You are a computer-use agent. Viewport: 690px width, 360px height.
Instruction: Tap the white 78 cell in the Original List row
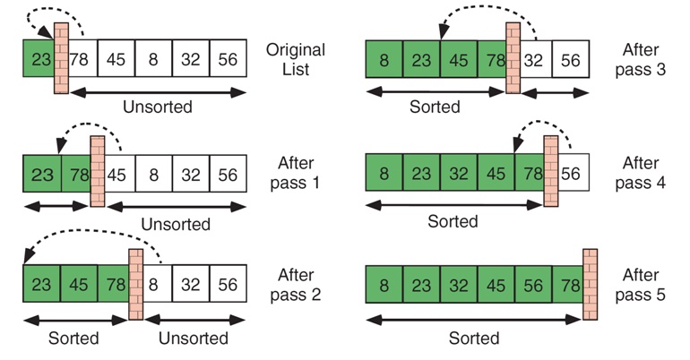[82, 60]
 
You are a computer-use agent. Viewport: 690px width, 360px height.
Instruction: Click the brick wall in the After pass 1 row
[98, 171]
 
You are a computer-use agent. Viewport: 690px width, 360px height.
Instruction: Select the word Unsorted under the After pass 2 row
[194, 339]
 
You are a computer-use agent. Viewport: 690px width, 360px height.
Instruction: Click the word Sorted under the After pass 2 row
[75, 339]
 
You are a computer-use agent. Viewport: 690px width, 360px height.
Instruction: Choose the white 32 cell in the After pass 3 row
[533, 60]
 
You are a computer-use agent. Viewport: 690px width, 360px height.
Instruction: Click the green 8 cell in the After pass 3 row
[384, 60]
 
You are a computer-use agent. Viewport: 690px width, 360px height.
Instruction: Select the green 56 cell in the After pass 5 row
[533, 286]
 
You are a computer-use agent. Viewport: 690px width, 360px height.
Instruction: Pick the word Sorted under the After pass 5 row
[476, 339]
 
